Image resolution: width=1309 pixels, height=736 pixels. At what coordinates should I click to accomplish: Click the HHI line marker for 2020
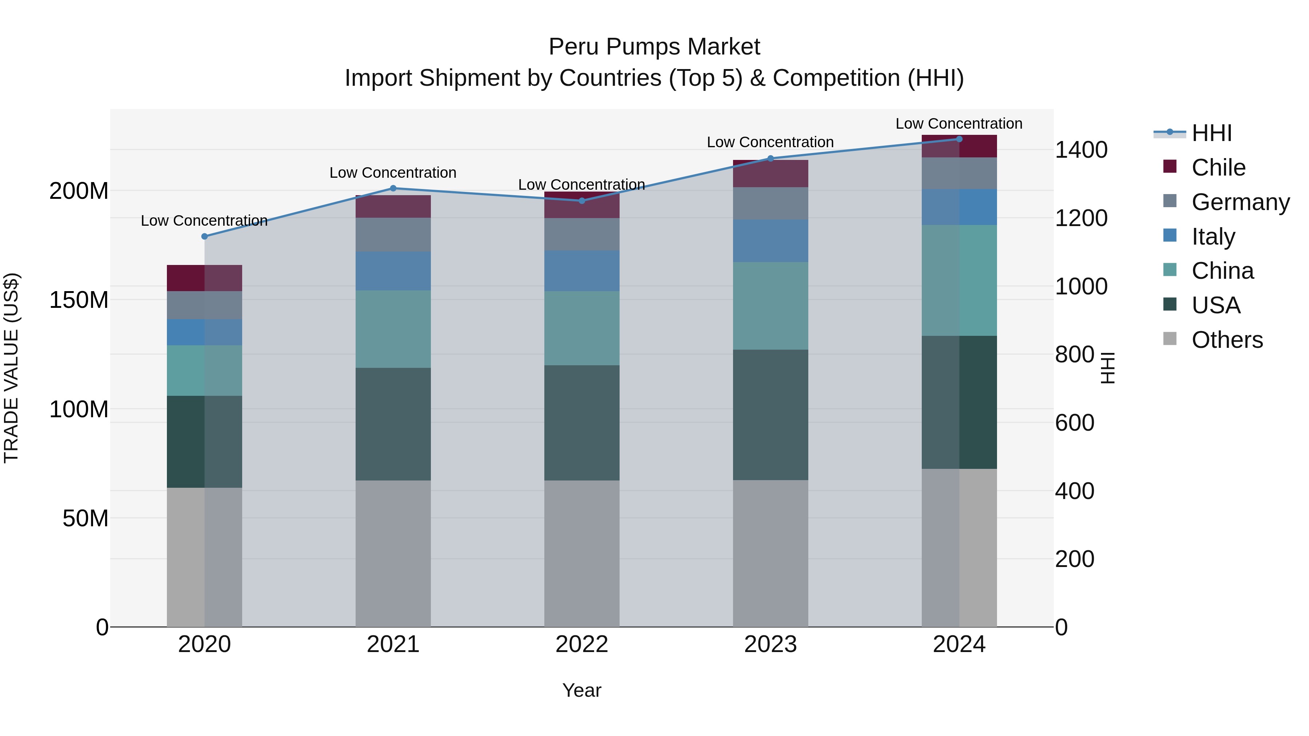click(204, 236)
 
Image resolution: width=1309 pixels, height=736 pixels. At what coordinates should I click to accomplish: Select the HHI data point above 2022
click(582, 201)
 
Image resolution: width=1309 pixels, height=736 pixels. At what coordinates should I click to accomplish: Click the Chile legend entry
click(1218, 168)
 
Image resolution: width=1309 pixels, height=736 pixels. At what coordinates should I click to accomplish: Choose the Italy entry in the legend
click(1213, 237)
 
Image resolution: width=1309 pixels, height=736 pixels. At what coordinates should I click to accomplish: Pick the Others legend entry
click(1227, 340)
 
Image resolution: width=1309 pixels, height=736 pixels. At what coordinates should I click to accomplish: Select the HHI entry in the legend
click(1212, 133)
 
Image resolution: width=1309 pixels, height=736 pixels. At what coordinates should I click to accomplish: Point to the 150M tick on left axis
click(79, 300)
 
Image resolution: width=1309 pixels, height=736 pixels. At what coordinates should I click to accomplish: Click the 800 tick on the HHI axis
click(1074, 354)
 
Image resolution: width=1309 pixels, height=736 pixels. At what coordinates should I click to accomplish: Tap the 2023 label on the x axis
click(770, 644)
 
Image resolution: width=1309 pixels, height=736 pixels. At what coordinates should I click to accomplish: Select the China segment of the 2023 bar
click(770, 306)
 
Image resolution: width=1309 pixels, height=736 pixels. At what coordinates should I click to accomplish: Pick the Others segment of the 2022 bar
click(582, 554)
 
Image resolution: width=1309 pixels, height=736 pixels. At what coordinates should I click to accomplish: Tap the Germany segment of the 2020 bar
click(204, 305)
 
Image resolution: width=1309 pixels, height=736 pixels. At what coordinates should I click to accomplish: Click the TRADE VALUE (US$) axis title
click(11, 368)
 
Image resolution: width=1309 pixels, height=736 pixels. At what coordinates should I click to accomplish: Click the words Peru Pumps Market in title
click(654, 47)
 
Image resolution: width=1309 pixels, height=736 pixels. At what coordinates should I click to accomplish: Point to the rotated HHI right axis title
click(1108, 368)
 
